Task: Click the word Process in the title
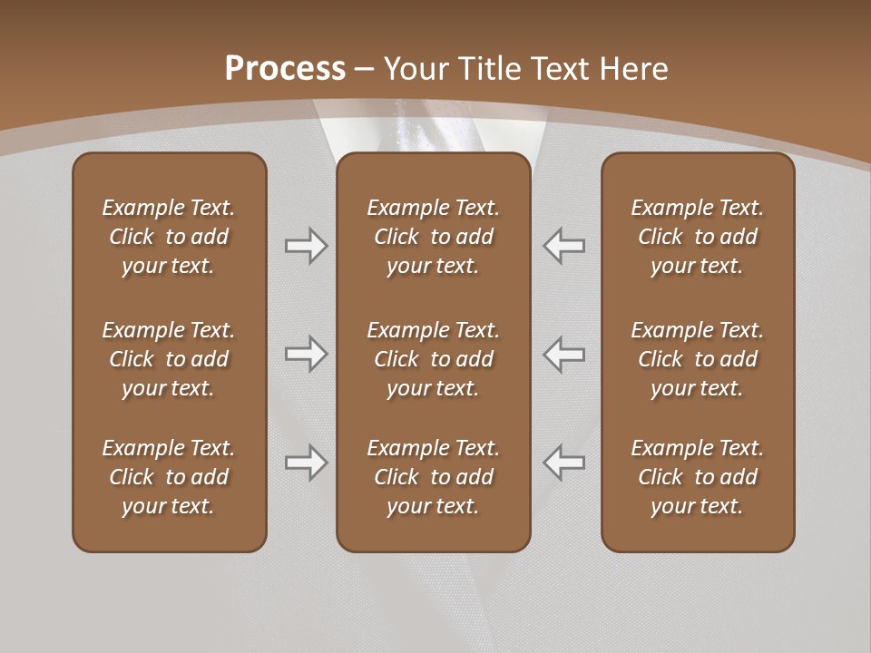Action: (285, 69)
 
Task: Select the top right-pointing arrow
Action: (306, 246)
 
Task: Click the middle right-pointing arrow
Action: (306, 354)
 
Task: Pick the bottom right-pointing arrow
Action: (306, 463)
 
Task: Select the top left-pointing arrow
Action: (563, 246)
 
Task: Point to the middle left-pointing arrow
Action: (563, 354)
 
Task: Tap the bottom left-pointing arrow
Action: (563, 463)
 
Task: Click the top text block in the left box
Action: (169, 237)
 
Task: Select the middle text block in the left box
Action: (169, 359)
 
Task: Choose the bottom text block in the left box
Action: (169, 477)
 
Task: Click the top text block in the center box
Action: (433, 237)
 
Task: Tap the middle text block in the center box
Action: (433, 359)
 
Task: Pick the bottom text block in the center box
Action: (433, 477)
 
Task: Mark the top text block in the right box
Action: (697, 237)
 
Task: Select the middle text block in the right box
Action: (697, 359)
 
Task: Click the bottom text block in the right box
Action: (697, 477)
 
